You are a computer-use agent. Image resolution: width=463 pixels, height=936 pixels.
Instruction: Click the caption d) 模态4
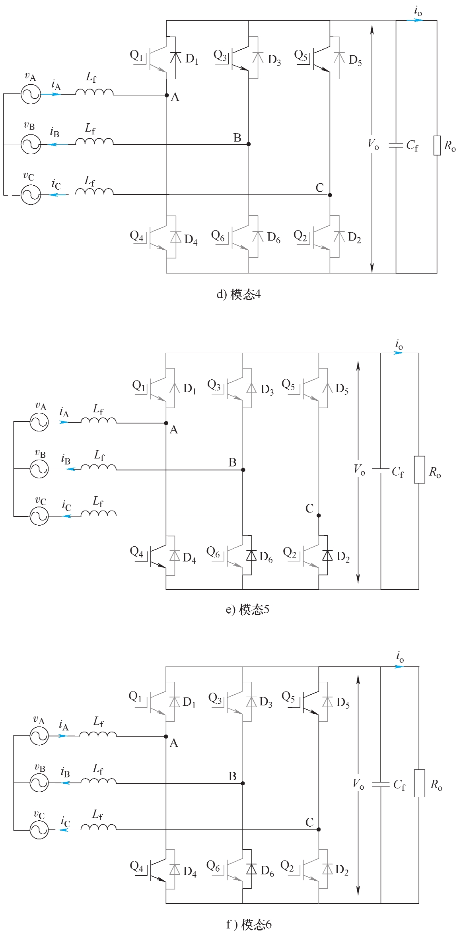pos(239,295)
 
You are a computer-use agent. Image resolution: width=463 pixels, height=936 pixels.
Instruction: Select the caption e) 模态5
pos(247,610)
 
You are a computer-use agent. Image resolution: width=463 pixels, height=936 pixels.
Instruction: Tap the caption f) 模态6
pos(249,924)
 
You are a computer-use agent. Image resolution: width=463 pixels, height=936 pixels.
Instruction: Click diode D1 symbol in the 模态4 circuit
pos(175,58)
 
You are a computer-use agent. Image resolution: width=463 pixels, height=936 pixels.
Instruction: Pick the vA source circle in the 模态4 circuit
pos(31,94)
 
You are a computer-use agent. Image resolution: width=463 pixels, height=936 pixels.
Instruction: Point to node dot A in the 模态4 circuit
pos(167,95)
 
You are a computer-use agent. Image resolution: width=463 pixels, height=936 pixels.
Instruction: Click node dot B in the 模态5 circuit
pos(243,470)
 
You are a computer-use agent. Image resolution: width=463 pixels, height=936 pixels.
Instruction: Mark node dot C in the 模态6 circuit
pos(319,829)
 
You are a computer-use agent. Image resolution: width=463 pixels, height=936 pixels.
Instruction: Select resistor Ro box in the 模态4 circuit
pos(437,145)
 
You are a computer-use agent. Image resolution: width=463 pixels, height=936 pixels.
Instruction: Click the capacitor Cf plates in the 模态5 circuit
pos(381,471)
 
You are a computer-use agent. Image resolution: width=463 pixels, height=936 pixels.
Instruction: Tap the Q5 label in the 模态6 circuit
pos(288,697)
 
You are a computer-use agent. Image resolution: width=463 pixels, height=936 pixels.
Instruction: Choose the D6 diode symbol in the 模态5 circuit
pos(251,555)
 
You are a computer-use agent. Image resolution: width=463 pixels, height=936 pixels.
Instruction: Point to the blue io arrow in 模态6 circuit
pos(399,666)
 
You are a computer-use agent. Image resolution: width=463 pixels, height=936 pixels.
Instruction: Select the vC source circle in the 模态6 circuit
pos(39,830)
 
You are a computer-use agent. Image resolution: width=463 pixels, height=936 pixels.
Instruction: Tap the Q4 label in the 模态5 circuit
pos(136,552)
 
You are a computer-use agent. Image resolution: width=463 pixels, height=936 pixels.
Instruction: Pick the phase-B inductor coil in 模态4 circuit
pos(94,142)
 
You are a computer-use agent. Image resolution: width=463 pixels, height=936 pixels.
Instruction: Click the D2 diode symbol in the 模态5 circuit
pos(327,555)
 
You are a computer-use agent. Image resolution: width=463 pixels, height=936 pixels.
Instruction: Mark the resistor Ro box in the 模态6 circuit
pos(419,783)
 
